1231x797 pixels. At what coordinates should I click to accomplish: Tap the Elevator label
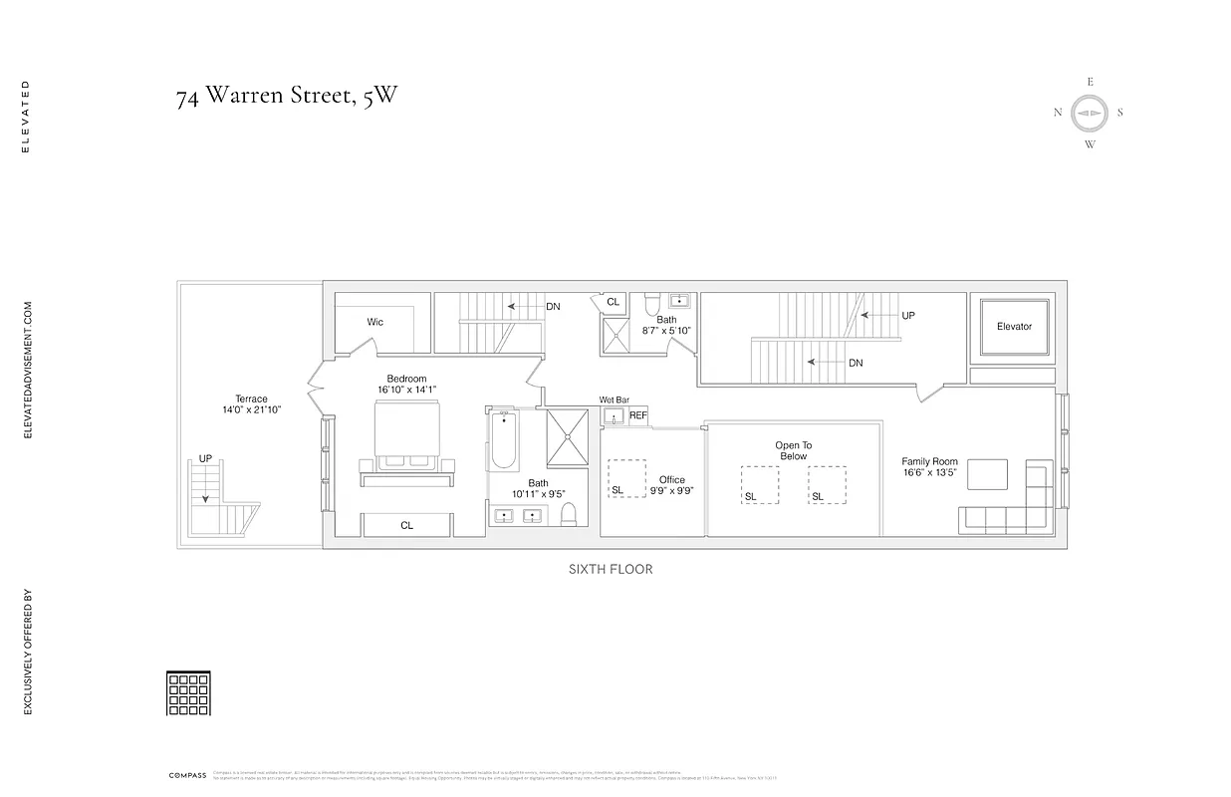1014,326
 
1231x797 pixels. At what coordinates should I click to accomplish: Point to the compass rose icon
1090,113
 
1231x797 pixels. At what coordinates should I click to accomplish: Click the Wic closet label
374,322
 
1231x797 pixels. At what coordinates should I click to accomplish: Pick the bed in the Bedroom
406,436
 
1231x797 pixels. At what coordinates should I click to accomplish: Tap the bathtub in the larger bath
504,442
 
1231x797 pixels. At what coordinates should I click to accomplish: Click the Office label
671,480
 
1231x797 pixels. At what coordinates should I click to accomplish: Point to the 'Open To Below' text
793,450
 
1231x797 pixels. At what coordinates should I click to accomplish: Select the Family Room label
929,461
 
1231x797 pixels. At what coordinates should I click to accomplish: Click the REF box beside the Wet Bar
637,415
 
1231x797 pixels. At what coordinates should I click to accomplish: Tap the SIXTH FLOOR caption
611,569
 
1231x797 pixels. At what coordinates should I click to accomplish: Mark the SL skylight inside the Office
626,479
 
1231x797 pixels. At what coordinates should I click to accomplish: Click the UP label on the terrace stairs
205,458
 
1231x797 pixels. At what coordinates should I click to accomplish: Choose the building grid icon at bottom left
188,693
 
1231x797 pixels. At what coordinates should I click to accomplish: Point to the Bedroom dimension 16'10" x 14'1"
406,390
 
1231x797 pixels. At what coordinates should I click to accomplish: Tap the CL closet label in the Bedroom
406,525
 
